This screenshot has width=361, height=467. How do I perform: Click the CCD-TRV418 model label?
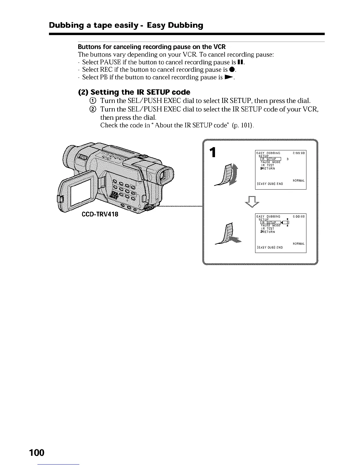[x=100, y=214]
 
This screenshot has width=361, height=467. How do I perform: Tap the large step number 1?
[x=212, y=153]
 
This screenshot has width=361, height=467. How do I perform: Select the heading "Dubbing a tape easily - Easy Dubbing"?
[x=126, y=25]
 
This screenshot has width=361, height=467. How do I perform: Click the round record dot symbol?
[x=233, y=70]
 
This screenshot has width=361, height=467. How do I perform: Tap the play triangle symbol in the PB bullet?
[x=229, y=77]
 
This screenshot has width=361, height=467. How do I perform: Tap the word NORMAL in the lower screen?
[x=298, y=244]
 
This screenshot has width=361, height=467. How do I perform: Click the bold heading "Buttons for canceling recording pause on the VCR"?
[x=152, y=47]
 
